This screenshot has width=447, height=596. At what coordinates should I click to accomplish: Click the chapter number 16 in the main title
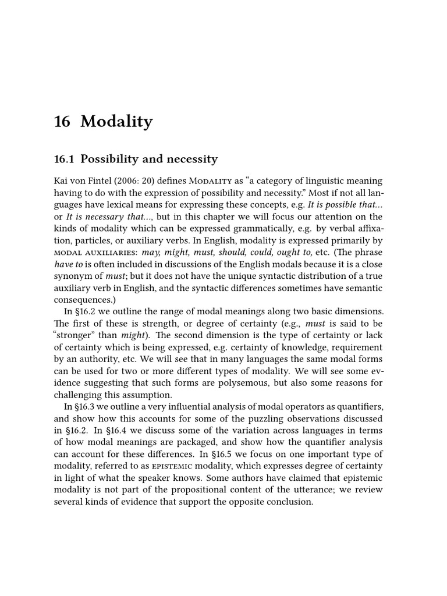click(x=62, y=122)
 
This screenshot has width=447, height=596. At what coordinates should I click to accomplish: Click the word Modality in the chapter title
click(x=116, y=122)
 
